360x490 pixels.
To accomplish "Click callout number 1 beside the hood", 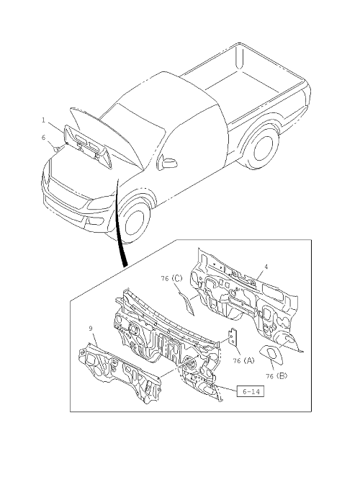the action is click(x=44, y=120).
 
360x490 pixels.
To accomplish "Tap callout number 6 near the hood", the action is click(x=43, y=138).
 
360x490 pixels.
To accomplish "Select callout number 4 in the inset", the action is click(x=266, y=267).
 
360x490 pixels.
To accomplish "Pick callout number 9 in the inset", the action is click(x=91, y=329).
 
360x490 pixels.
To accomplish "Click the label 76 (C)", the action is click(x=171, y=278).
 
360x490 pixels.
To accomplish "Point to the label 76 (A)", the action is click(x=243, y=360).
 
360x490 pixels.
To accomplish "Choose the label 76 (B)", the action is click(x=276, y=376).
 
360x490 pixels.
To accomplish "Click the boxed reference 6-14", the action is click(x=250, y=391).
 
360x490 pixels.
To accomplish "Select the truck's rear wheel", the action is click(x=264, y=150).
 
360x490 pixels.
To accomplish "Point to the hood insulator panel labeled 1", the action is click(x=88, y=146).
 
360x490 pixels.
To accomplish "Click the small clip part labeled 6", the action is click(x=56, y=148).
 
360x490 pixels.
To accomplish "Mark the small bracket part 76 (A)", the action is click(x=233, y=337).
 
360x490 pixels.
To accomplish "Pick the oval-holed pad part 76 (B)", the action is click(x=271, y=354).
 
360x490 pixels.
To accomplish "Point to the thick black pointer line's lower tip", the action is click(x=125, y=267).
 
